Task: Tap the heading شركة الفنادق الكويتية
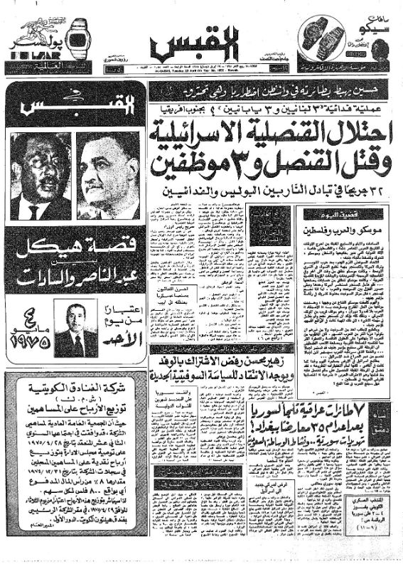pyautogui.click(x=74, y=395)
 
